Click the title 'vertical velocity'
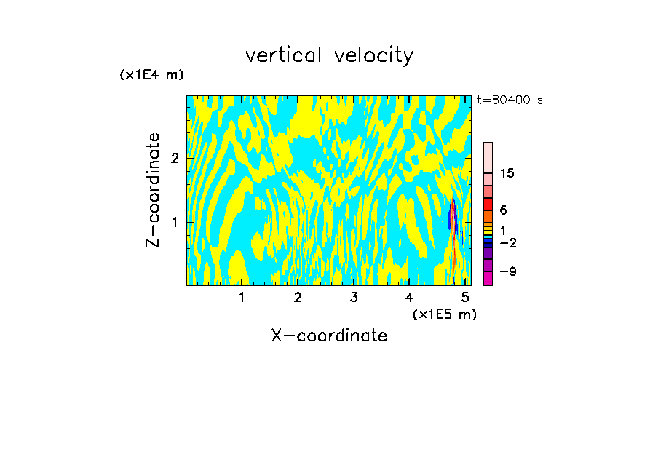pyautogui.click(x=329, y=55)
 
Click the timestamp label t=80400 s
pyautogui.click(x=510, y=100)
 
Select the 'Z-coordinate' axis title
pyautogui.click(x=153, y=190)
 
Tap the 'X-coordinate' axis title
pyautogui.click(x=329, y=336)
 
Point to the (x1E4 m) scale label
pyautogui.click(x=151, y=75)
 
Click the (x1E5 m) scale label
pyautogui.click(x=444, y=314)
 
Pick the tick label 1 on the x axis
pyautogui.click(x=242, y=298)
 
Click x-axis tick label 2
pyautogui.click(x=298, y=298)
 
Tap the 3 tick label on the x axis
pyautogui.click(x=354, y=298)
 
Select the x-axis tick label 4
pyautogui.click(x=410, y=298)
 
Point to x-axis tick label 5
pyautogui.click(x=465, y=298)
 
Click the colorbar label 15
pyautogui.click(x=507, y=173)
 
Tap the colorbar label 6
pyautogui.click(x=503, y=210)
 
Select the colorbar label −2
pyautogui.click(x=507, y=242)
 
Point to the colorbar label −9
pyautogui.click(x=507, y=271)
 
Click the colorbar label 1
pyautogui.click(x=503, y=230)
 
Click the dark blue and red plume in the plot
pyautogui.click(x=453, y=218)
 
